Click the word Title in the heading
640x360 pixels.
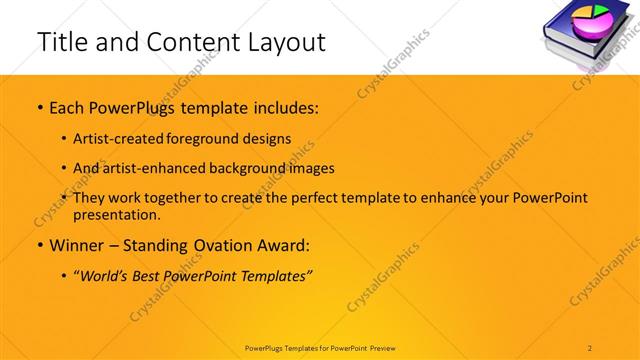click(63, 42)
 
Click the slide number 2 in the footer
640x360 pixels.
click(590, 347)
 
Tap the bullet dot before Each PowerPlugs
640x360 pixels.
click(39, 106)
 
